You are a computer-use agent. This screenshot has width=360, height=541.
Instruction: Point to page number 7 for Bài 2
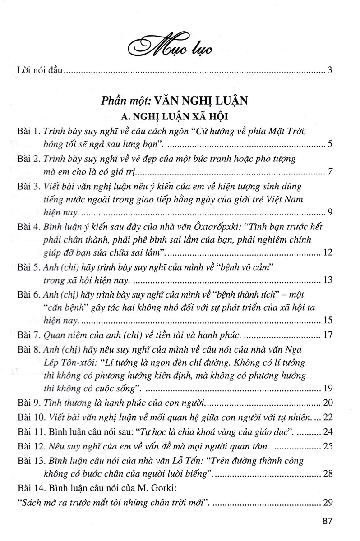click(x=330, y=172)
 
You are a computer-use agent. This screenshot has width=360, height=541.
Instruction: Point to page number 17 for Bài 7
click(x=328, y=336)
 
